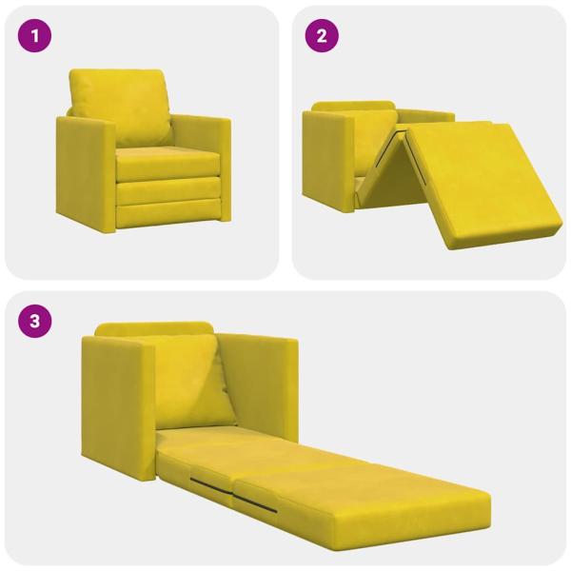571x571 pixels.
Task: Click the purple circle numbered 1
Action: (36, 37)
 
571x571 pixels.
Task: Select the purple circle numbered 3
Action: (36, 321)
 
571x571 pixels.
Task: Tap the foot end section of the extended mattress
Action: (381, 500)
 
